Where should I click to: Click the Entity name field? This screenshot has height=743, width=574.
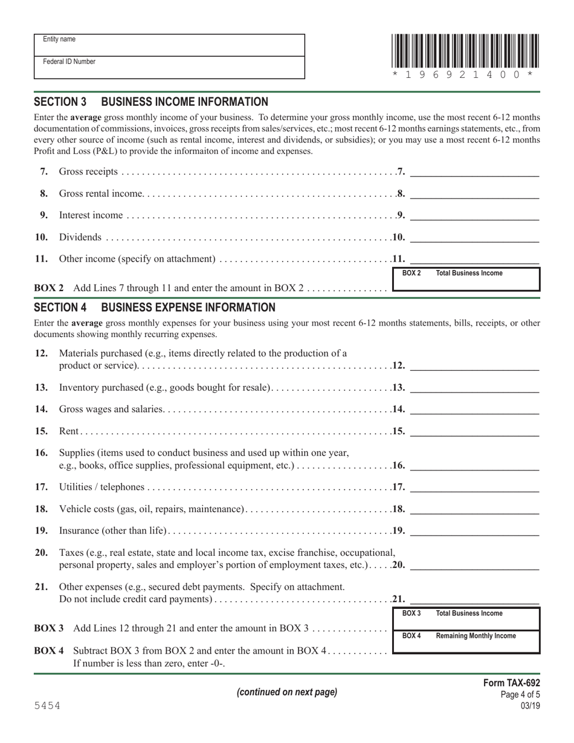click(169, 45)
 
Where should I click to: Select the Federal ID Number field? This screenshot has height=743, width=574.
click(169, 68)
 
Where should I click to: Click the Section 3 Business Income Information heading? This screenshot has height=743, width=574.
click(151, 102)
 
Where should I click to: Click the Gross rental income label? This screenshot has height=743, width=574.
click(101, 194)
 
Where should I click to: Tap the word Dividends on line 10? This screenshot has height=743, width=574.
click(80, 237)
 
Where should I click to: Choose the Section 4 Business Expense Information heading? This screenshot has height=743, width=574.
click(155, 307)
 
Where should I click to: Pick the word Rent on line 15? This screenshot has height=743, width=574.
click(69, 431)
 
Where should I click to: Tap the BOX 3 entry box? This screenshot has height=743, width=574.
click(466, 619)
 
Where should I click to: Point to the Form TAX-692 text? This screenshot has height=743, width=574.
click(511, 683)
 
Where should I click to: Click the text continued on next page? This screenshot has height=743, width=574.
click(287, 692)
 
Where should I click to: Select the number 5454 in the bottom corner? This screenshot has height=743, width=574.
click(47, 706)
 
